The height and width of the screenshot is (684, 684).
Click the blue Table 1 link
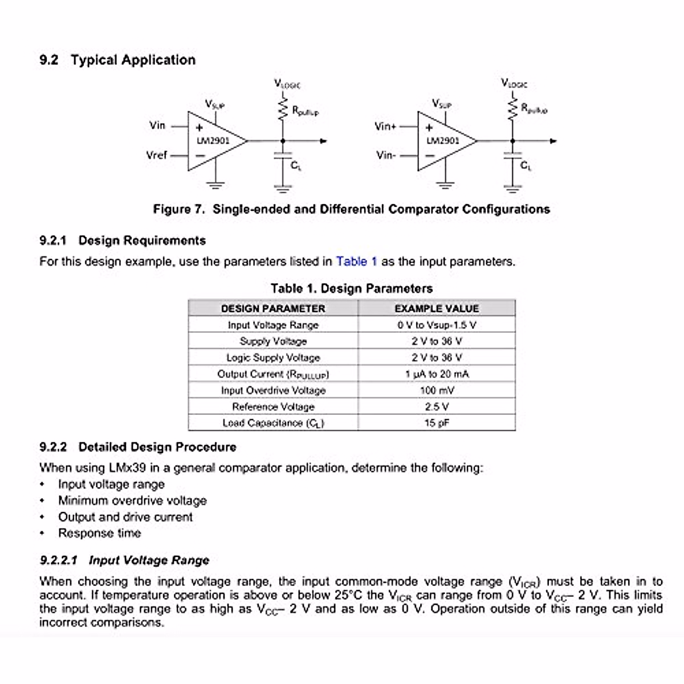tap(356, 262)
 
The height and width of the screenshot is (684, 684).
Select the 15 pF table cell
tap(437, 423)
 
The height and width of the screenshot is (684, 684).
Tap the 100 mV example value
tap(437, 390)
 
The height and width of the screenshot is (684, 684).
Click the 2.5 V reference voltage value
tap(437, 407)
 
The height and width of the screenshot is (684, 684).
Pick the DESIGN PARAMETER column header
tap(273, 308)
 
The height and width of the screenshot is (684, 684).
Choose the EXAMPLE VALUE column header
tap(437, 308)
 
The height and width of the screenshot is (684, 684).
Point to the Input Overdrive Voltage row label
tap(273, 390)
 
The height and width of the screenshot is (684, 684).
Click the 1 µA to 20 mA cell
tap(437, 374)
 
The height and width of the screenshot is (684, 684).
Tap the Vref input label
tap(157, 154)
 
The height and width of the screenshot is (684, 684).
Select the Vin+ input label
tap(385, 126)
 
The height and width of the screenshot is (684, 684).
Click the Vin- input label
tap(385, 154)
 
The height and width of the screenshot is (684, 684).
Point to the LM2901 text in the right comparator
tap(443, 140)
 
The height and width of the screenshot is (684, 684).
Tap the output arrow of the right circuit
tap(552, 141)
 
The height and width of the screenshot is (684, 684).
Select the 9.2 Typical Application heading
tap(117, 60)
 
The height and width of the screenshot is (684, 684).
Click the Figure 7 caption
tap(351, 209)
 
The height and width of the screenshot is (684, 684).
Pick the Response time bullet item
tap(99, 533)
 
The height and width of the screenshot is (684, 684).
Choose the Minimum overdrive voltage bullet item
tap(132, 500)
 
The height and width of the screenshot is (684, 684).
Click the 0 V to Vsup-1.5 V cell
tap(437, 325)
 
